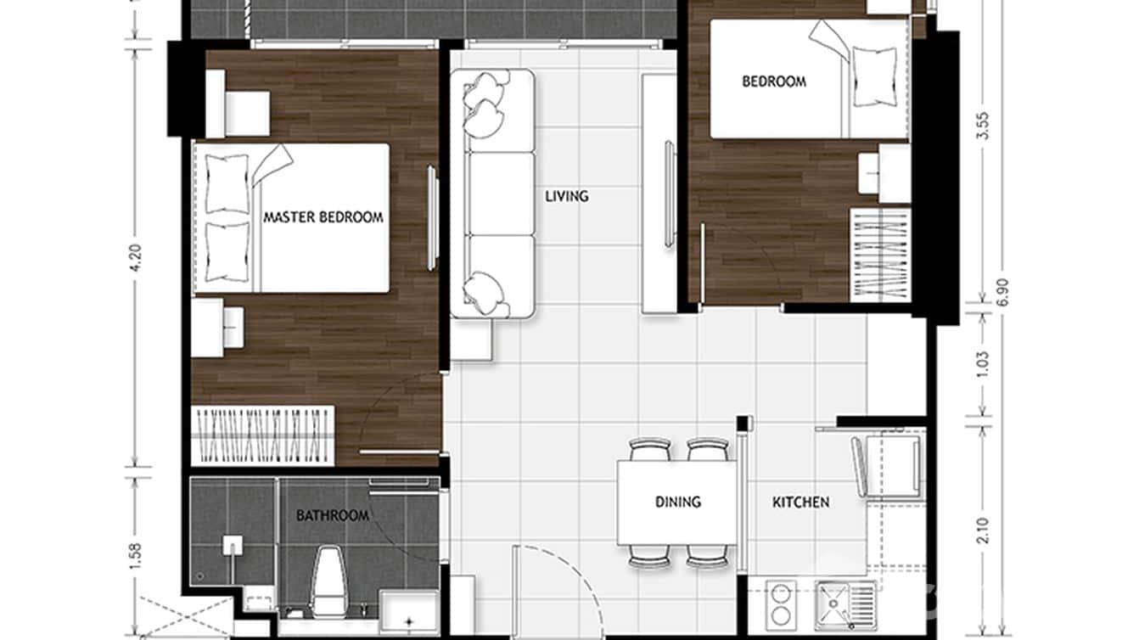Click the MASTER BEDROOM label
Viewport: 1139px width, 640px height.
[x=323, y=217]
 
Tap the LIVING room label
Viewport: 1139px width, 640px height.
[x=567, y=196]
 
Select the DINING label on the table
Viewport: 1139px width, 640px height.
[x=678, y=502]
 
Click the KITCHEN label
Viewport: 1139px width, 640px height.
[x=800, y=502]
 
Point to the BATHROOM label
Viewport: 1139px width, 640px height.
[x=332, y=515]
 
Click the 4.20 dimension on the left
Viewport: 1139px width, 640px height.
[x=135, y=255]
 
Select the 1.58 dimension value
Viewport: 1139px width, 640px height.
[x=135, y=554]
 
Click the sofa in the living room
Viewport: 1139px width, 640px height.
[x=492, y=195]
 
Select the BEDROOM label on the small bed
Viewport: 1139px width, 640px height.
[x=774, y=82]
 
